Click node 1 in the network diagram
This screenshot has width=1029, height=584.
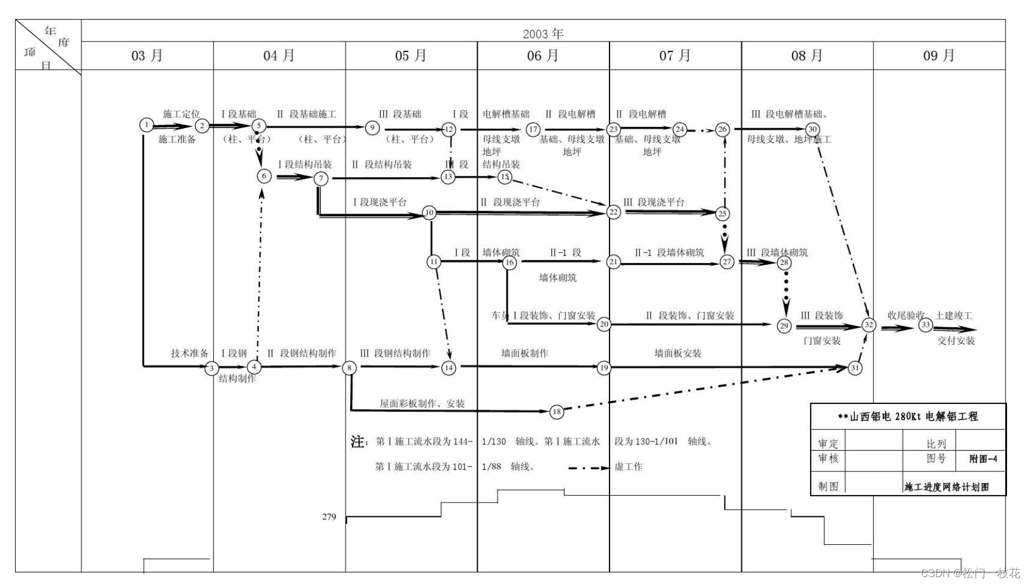[x=147, y=125]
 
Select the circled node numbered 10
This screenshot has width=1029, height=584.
[x=429, y=212]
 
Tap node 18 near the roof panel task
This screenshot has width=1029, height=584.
[x=556, y=411]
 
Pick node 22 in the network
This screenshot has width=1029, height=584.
[x=613, y=212]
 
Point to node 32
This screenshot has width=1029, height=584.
[x=869, y=325]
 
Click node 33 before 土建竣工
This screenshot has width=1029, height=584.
[x=926, y=325]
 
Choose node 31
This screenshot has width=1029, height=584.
[x=855, y=368]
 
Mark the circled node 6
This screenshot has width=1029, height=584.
[x=264, y=176]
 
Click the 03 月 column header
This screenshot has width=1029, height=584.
[x=147, y=55]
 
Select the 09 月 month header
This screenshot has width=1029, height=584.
[x=939, y=55]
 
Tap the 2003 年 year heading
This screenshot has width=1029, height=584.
[x=543, y=33]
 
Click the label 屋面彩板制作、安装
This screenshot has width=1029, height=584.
[x=422, y=403]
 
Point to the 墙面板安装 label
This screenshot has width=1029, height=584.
[x=678, y=353]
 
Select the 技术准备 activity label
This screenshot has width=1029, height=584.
[x=189, y=353]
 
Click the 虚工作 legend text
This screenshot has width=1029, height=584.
[x=628, y=466]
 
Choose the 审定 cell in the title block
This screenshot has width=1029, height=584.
[x=828, y=444]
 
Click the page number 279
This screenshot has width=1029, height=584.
[x=329, y=516]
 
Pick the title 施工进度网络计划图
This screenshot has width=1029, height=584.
[x=946, y=487]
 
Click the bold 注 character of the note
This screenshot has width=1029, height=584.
[x=357, y=441]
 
